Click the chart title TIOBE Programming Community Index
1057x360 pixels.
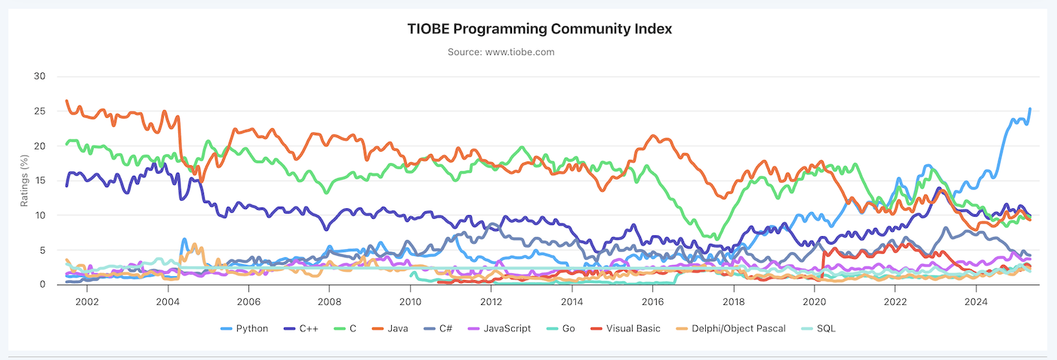(x=528, y=29)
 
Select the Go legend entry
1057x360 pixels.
(x=567, y=328)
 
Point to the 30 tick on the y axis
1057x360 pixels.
(x=40, y=76)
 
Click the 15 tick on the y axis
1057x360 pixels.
(x=40, y=180)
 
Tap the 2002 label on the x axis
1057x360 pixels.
(x=87, y=301)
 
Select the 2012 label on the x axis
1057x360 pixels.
(x=491, y=301)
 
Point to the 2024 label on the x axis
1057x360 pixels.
(x=975, y=301)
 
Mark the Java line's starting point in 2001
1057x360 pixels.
(x=66, y=100)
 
